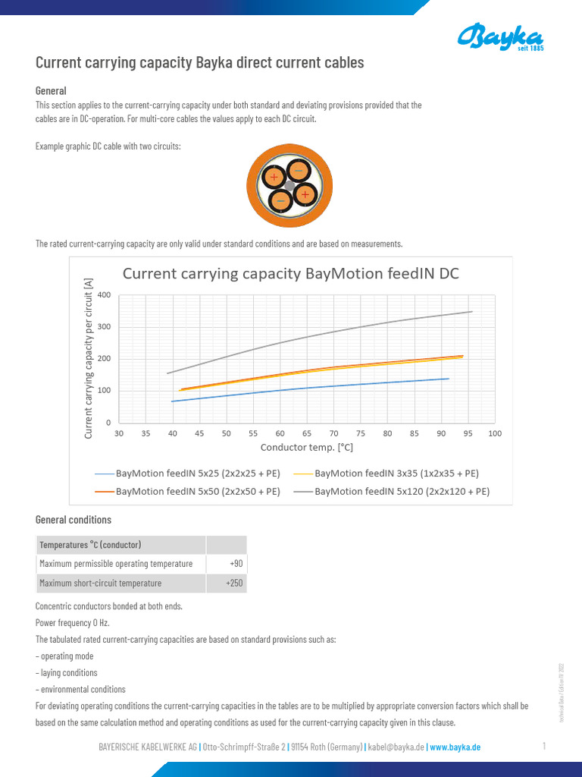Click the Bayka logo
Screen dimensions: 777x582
click(x=500, y=36)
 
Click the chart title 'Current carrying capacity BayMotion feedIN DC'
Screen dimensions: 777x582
click(x=291, y=273)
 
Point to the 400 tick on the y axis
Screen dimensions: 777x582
click(x=105, y=294)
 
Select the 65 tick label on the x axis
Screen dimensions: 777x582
click(x=307, y=433)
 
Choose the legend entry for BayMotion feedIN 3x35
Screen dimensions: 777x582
click(x=396, y=473)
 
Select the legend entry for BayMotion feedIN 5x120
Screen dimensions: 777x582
click(x=402, y=491)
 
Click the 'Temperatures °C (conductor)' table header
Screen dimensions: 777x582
click(x=91, y=545)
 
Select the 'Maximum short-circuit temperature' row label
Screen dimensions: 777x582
click(x=101, y=583)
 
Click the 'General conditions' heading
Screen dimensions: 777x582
click(x=74, y=520)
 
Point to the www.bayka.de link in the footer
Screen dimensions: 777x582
click(x=455, y=747)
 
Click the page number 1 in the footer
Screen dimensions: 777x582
click(x=544, y=746)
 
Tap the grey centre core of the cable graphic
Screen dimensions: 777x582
click(x=289, y=186)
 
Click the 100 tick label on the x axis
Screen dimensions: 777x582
click(x=495, y=433)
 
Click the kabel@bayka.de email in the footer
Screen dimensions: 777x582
click(x=396, y=747)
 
